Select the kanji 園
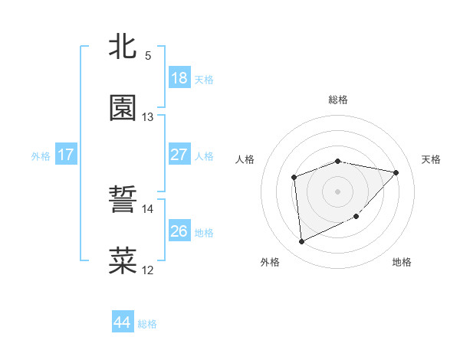[123, 108]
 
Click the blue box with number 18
[179, 78]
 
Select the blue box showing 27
[179, 155]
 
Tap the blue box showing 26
[179, 231]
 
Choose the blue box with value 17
[66, 155]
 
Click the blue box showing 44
[122, 322]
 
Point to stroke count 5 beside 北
[148, 56]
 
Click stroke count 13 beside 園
[148, 117]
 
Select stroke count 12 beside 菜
[148, 270]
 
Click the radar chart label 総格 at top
[338, 100]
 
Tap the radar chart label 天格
[431, 159]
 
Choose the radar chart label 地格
[402, 262]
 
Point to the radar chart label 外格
[270, 262]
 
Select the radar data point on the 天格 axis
[396, 172]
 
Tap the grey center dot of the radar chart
[337, 191]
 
